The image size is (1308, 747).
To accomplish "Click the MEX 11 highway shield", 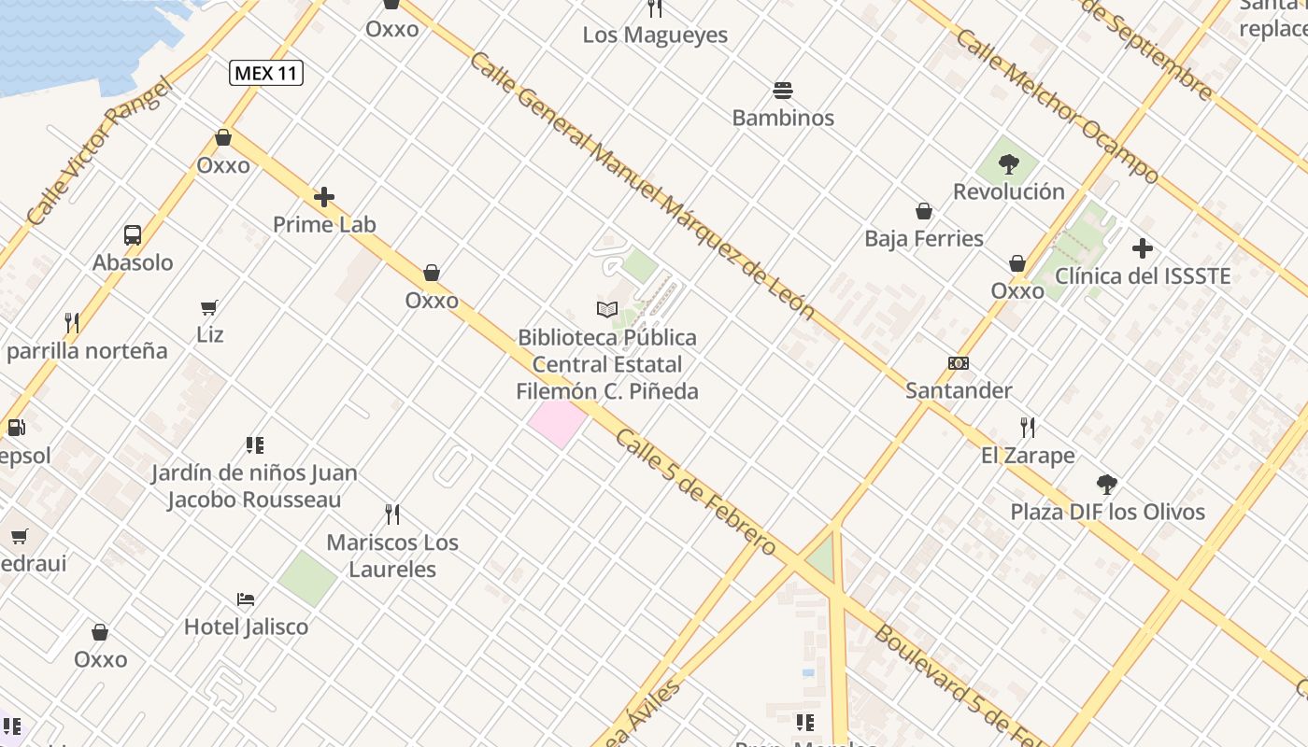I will [266, 73].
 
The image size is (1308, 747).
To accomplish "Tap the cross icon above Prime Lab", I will [324, 197].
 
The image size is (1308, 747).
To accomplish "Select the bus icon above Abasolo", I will [133, 235].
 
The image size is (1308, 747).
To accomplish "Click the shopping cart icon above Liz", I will [209, 307].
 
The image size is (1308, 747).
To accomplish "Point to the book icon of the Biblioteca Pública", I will [607, 309].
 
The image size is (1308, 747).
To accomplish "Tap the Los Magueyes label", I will [655, 35].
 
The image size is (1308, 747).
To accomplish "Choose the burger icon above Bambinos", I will [783, 91].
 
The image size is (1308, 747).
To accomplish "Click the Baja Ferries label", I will [924, 238].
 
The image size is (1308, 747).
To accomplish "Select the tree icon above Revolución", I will [1008, 165].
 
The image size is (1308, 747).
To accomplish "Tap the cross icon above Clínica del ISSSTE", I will [1142, 248].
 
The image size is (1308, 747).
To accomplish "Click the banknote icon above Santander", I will [959, 363].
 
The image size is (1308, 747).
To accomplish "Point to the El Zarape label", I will [1028, 456].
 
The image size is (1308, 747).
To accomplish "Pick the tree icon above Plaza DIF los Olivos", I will [1107, 485].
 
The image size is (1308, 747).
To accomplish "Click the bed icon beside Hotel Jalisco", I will [246, 599].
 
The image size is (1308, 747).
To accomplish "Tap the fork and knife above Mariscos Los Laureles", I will [392, 514].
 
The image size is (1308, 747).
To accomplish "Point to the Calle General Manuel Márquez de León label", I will [641, 186].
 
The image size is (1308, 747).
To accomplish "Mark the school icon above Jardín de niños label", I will [255, 445].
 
